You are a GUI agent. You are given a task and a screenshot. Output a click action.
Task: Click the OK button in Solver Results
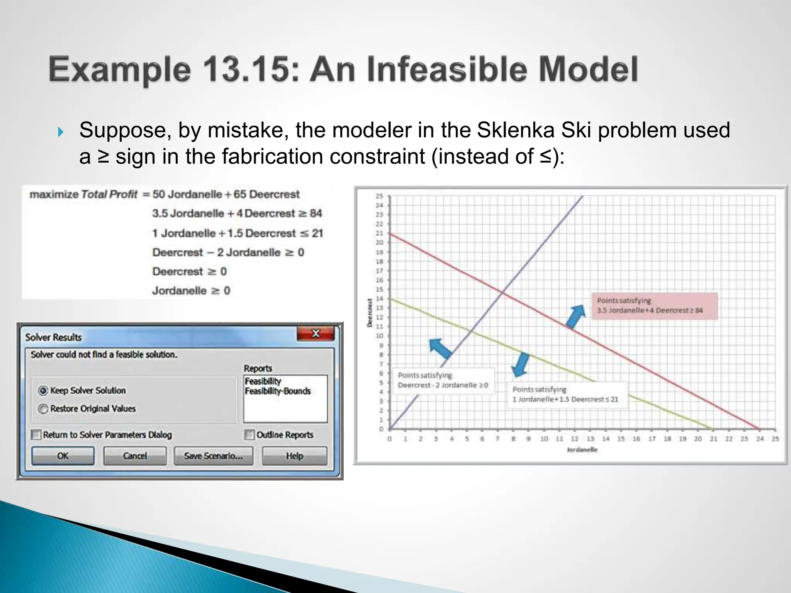coord(63,456)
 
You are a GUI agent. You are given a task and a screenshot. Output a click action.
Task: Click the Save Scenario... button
coord(213,456)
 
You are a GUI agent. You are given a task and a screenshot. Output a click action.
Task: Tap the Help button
coord(294,456)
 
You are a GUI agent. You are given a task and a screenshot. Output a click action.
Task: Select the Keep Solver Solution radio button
coord(43,391)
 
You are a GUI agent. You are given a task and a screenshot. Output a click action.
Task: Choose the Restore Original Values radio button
coord(43,408)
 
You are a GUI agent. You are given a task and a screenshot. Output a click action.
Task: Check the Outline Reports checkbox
coord(249,435)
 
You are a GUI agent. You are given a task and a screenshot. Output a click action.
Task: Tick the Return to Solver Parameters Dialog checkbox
coord(36,435)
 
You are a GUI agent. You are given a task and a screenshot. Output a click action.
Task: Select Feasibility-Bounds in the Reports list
coord(277,391)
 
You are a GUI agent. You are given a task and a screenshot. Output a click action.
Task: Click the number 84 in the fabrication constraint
coord(316,213)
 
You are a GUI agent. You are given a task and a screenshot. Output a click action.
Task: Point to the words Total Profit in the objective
coord(109,194)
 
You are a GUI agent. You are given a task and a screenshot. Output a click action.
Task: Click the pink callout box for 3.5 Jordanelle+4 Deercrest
coord(654,306)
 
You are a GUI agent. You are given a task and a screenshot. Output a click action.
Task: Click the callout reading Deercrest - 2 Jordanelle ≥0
coord(443,380)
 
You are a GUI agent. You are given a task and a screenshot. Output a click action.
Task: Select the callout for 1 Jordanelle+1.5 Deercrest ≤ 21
coord(567,395)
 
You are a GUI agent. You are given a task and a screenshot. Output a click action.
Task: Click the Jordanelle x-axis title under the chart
coord(582,450)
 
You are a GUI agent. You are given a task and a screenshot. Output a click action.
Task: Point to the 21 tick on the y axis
coord(379,233)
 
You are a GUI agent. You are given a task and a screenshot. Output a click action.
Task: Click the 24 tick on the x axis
coord(760,439)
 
